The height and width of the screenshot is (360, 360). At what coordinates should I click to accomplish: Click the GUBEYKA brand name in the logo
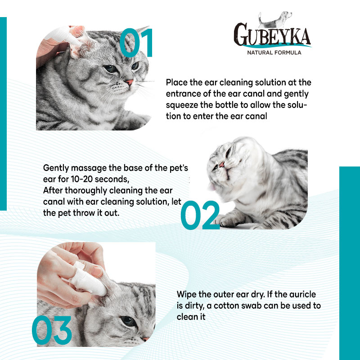272,35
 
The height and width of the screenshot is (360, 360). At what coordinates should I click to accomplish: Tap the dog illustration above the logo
275,19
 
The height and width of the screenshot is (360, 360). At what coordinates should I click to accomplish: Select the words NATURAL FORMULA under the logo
274,53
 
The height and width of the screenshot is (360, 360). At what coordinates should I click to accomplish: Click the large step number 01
136,43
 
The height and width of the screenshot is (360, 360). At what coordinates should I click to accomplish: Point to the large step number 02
200,215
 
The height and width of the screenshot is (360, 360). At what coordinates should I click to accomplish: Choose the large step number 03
52,330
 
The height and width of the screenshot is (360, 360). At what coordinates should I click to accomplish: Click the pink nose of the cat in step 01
129,82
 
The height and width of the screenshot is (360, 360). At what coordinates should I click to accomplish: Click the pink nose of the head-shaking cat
221,164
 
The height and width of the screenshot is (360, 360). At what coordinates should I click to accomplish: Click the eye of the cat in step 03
128,321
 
